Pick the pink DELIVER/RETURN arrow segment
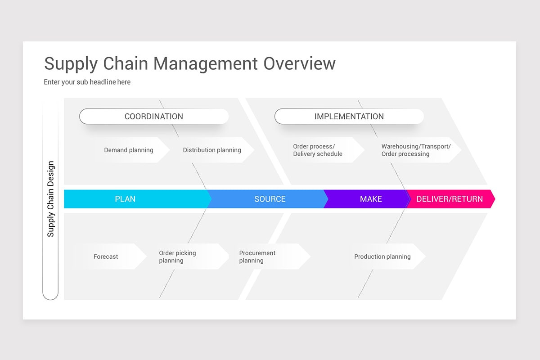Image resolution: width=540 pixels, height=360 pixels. [450, 199]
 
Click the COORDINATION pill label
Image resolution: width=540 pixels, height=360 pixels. [154, 117]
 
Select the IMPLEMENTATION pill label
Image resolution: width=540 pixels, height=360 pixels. [349, 117]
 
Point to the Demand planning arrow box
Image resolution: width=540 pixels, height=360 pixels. [129, 150]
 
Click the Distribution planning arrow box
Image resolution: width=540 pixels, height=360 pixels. [212, 150]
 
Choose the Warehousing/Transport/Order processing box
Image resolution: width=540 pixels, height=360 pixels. [416, 150]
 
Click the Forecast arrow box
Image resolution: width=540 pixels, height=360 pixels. [107, 256]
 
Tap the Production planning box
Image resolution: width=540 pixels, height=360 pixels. [382, 256]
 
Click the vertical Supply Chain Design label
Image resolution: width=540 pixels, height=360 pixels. [50, 199]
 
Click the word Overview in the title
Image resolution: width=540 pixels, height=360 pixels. [299, 63]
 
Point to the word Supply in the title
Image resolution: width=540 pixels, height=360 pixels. [71, 64]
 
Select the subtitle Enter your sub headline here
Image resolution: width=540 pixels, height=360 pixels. [87, 82]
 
